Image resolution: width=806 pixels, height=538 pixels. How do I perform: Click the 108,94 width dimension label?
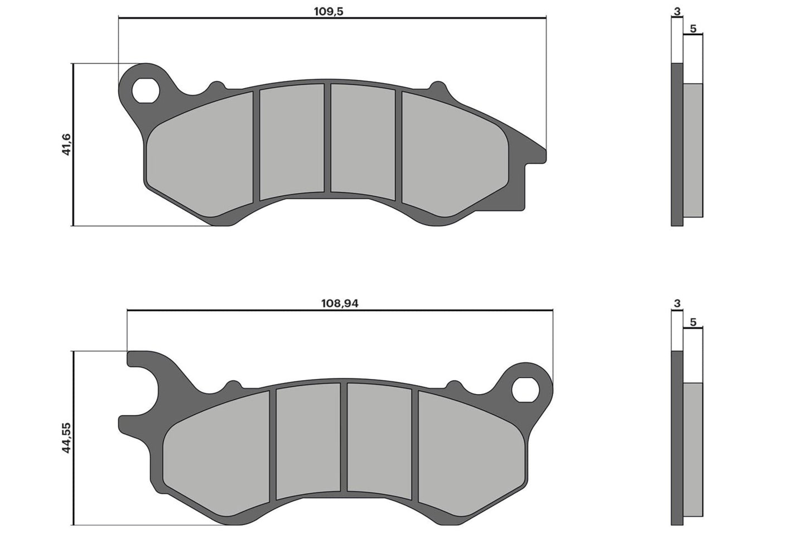[339, 304]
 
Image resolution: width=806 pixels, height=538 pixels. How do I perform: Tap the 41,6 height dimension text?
[66, 145]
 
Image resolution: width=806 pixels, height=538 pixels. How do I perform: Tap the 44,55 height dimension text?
[66, 438]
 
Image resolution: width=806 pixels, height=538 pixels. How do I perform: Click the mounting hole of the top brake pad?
[145, 91]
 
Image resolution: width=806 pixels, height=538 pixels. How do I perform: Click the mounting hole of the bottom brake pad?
[524, 390]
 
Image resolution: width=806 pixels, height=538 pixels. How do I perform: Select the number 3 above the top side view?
[677, 11]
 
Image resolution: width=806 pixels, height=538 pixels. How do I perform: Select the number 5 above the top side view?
[693, 29]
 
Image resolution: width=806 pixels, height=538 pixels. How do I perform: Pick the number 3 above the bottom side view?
[677, 304]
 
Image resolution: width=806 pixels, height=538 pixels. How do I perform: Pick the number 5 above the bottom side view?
[693, 322]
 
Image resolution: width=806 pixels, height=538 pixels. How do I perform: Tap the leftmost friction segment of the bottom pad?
[218, 452]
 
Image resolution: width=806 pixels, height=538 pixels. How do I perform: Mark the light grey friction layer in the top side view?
[693, 151]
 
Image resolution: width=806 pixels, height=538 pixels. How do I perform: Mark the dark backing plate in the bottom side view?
[677, 438]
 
